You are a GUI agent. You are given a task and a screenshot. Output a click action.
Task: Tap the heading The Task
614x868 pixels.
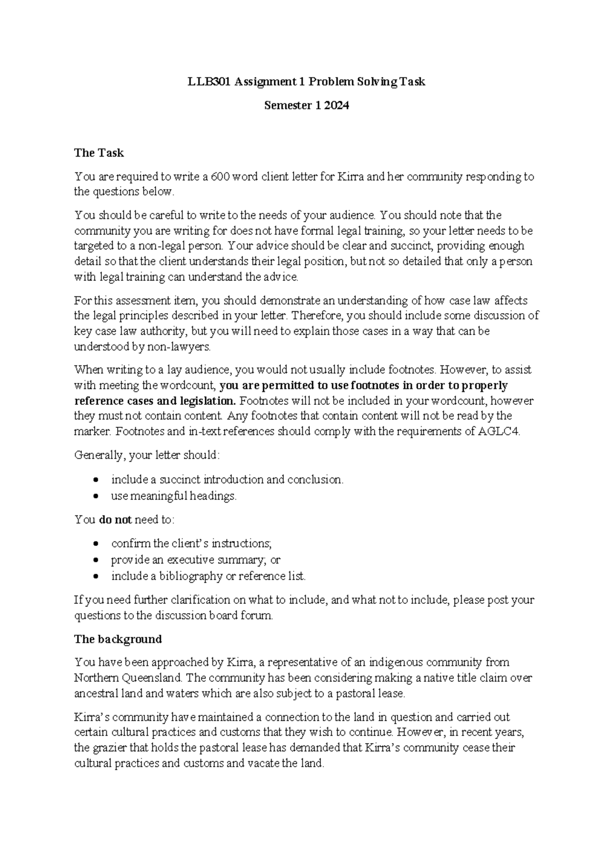99,153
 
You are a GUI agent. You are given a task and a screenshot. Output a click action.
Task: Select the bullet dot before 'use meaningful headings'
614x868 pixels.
97,496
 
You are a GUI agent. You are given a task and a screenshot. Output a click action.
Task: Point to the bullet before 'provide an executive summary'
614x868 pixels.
97,560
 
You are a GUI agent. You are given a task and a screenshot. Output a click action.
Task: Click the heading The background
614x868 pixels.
118,639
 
